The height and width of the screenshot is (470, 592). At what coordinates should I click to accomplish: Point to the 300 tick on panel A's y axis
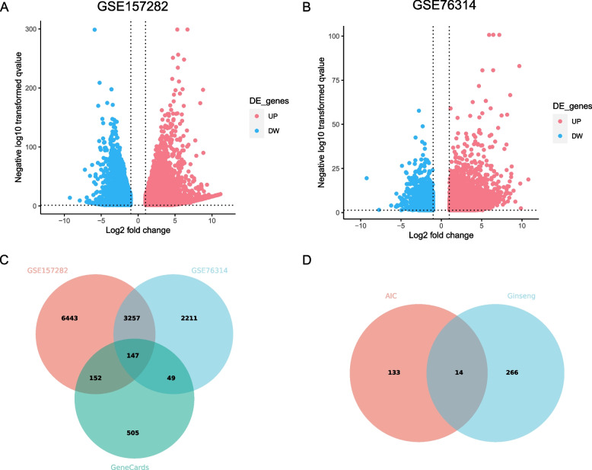coord(33,29)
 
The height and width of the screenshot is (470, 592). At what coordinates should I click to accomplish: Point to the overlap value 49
coord(168,375)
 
